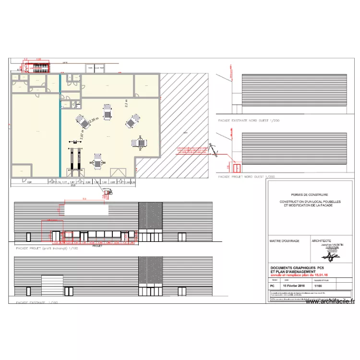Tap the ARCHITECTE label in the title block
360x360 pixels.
[321, 241]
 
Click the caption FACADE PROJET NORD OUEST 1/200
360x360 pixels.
[246, 177]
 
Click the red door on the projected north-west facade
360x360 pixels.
[236, 168]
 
